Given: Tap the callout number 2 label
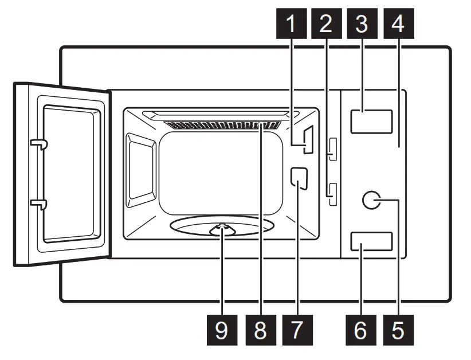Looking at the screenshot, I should coord(326,25).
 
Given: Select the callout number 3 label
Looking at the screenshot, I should coord(362,25).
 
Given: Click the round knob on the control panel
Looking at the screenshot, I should coord(372,200).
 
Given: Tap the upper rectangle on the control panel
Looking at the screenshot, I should coord(371,122).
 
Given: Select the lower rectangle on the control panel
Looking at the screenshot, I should coord(371,241).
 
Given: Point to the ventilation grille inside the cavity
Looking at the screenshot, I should coord(222,124).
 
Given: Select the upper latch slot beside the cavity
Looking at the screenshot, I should coord(332,148).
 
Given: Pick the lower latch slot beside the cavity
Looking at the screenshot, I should coord(332,193).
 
